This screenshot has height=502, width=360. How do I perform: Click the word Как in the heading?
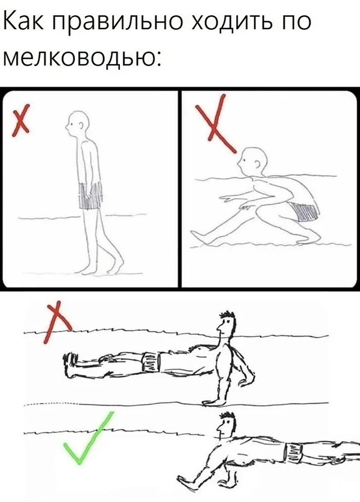[24, 22]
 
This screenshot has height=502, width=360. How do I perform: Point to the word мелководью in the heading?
[82, 57]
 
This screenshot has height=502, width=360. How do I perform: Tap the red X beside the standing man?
[21, 120]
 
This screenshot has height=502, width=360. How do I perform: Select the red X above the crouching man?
[215, 123]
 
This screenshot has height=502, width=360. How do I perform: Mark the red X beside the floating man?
[57, 322]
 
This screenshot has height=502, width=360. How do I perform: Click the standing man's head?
[77, 124]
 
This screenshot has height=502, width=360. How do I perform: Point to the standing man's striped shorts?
[91, 195]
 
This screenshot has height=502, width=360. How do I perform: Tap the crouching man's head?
[252, 162]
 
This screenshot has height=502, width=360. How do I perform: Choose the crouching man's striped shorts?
[303, 211]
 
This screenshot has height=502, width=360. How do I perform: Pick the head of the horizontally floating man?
[226, 324]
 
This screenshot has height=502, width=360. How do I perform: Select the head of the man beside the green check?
[226, 426]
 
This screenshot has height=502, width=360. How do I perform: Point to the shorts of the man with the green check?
[294, 453]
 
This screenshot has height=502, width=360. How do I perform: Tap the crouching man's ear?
[258, 164]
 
